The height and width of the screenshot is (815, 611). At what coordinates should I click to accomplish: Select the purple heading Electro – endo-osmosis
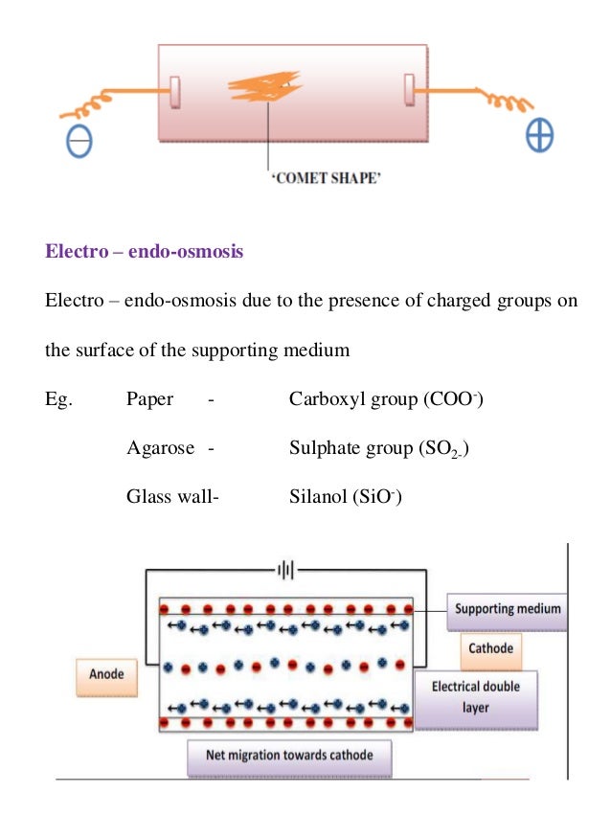point(145,253)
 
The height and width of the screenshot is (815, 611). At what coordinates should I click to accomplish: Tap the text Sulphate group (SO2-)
point(378,447)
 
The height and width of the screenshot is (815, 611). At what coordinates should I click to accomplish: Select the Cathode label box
point(490,648)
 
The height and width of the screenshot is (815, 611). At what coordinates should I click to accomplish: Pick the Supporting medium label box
point(508,609)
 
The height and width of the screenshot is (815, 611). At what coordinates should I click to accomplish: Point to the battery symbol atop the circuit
point(284,570)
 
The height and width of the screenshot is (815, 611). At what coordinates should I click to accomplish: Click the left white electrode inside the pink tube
point(175,93)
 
